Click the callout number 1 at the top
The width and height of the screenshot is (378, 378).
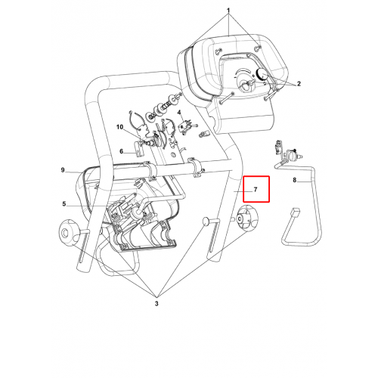tap(228, 11)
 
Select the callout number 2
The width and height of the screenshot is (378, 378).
tap(299, 84)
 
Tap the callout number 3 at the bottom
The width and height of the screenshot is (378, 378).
tap(156, 303)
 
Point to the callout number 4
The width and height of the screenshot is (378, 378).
tap(179, 113)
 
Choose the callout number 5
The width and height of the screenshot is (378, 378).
tap(64, 203)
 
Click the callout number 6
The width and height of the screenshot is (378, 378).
tap(121, 151)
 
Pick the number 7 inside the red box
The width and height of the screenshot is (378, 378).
tap(256, 189)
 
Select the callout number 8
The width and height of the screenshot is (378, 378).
tap(294, 180)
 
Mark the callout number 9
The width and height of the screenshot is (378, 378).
tap(63, 170)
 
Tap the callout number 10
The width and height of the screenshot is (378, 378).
tap(119, 127)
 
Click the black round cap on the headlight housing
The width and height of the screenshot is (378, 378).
tap(262, 73)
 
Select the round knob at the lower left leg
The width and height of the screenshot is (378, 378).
tap(67, 232)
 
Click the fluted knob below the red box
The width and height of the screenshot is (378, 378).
tap(248, 218)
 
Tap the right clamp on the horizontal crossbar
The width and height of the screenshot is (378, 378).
tap(197, 167)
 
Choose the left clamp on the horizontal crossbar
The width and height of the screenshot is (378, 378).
tap(150, 172)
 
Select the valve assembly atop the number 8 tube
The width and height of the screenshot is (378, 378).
tap(287, 152)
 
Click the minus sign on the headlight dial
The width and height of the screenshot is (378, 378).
tap(234, 77)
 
